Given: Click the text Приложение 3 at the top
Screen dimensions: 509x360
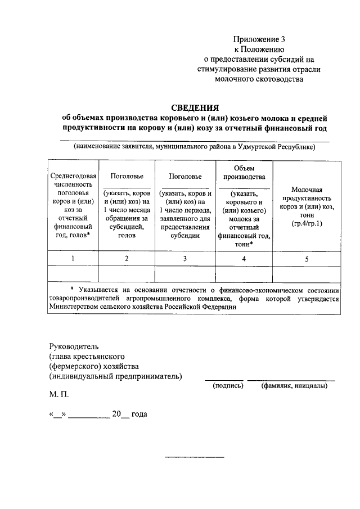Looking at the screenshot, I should [259, 39].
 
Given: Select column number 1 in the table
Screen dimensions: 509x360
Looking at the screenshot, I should [72, 258].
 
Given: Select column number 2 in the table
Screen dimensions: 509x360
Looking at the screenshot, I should [127, 258].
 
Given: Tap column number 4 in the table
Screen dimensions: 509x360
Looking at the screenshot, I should [244, 258].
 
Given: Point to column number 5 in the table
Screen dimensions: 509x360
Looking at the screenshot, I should [307, 259].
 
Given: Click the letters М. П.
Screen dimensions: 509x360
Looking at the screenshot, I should [58, 395].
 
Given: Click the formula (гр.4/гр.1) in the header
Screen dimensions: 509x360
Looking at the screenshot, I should [307, 224].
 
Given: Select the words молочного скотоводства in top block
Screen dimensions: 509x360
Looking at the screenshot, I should [259, 80].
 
